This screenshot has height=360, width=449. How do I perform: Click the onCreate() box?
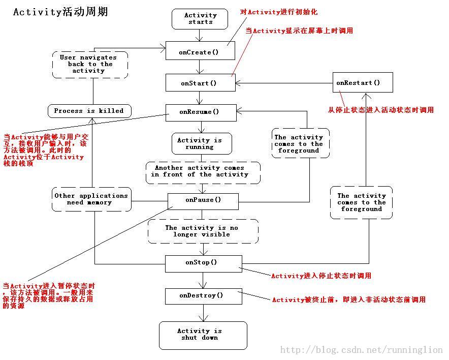[200, 51]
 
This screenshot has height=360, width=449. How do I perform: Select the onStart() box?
[200, 83]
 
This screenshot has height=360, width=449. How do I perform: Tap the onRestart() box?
[362, 82]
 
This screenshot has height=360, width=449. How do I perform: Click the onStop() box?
[203, 262]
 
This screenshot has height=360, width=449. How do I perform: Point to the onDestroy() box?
[203, 295]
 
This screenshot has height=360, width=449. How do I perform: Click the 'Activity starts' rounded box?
[200, 19]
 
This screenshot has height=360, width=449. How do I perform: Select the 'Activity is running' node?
[201, 143]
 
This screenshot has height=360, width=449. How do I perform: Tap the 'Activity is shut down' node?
[203, 335]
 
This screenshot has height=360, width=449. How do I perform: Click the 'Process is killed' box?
[89, 110]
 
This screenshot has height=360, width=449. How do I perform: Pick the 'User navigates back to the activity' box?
[89, 64]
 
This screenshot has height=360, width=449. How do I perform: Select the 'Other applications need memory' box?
[90, 199]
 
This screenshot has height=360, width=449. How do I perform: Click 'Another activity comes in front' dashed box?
[202, 172]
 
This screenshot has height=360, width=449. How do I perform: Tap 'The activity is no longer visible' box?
[203, 231]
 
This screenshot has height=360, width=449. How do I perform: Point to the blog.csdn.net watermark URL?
[362, 350]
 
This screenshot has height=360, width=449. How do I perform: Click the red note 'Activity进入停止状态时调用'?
[320, 276]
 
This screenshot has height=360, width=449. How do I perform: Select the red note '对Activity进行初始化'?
[279, 12]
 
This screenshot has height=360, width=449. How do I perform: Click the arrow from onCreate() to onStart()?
[200, 67]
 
